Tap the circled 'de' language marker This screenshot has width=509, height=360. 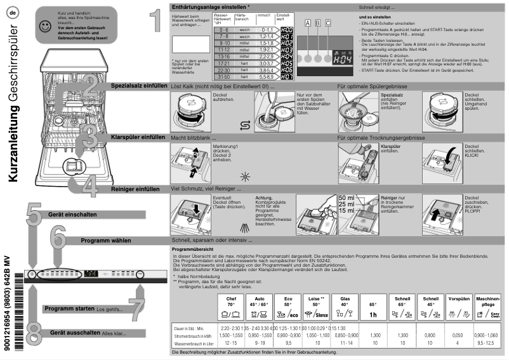pos(13,11)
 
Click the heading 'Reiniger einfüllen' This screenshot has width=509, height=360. pos(135,189)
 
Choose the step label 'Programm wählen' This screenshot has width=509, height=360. pos(105,241)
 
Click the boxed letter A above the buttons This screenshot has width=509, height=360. pos(308,23)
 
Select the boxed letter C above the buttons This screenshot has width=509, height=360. pos(328,23)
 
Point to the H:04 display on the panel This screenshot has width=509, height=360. pos(343,56)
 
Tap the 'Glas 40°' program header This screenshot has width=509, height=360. pos(344,301)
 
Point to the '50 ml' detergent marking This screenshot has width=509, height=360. pos(346,198)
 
